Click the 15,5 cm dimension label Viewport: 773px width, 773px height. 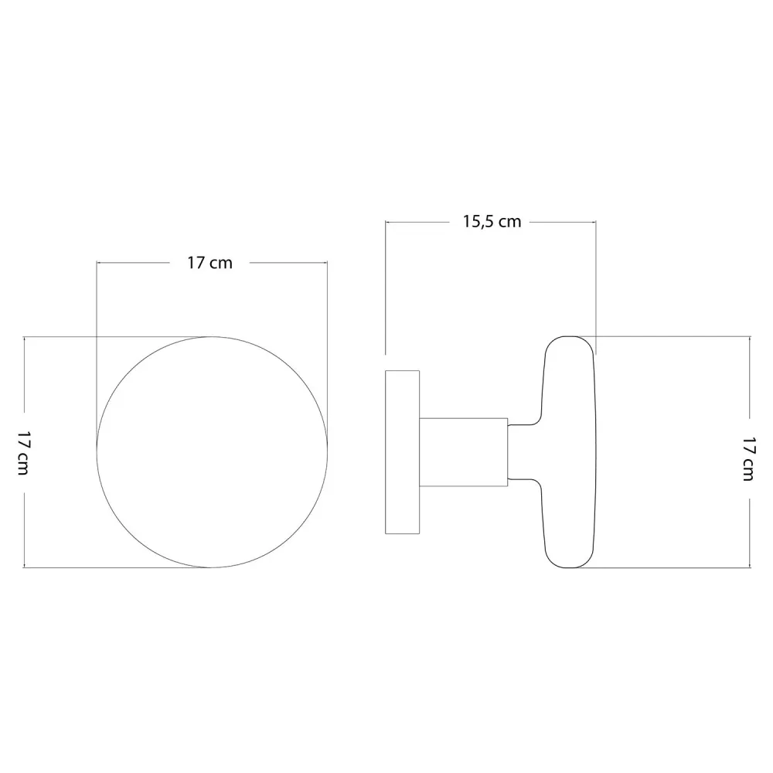(x=492, y=223)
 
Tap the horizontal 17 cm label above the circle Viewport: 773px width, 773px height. (x=209, y=263)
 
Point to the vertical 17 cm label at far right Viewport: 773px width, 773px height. (x=748, y=458)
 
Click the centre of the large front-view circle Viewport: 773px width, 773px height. (x=212, y=452)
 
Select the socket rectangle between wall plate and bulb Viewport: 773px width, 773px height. (x=463, y=452)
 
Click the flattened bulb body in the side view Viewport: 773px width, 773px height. (x=570, y=452)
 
